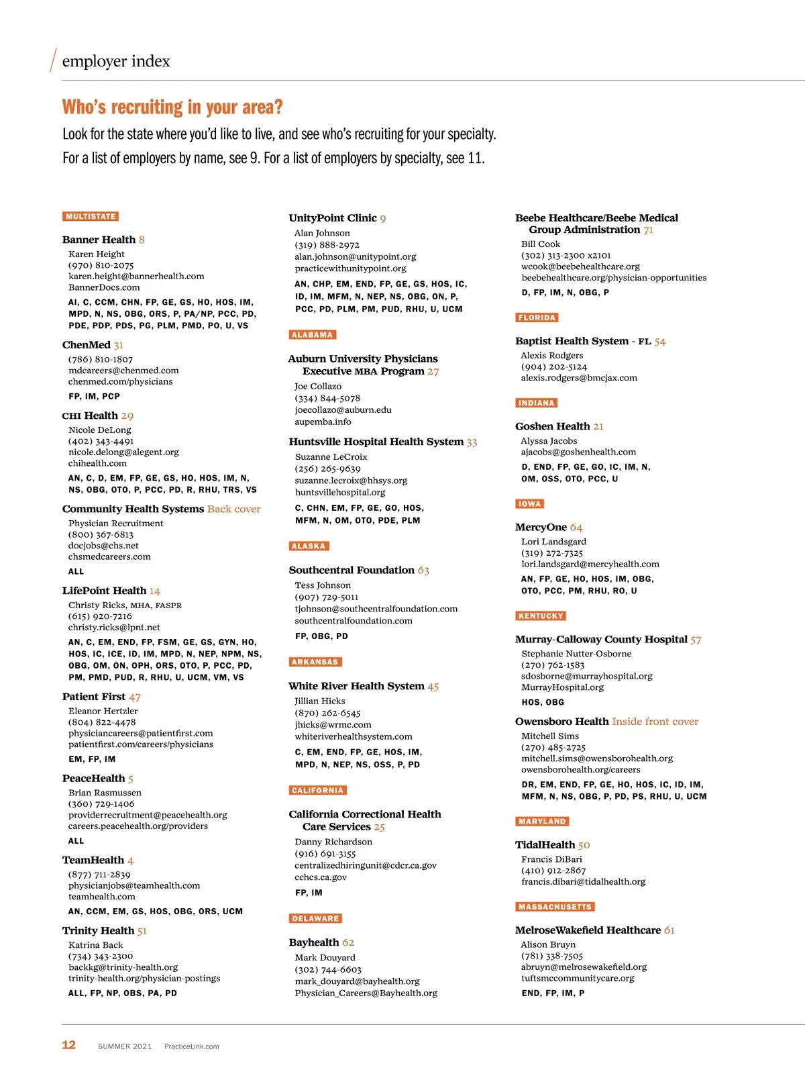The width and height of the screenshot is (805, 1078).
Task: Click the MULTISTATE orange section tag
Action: point(91,217)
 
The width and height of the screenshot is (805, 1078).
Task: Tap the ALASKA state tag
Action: point(309,546)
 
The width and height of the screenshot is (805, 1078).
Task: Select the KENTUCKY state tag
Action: point(541,616)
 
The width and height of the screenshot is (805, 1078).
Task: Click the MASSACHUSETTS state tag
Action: point(555,907)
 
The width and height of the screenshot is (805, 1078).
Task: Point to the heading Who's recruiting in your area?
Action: point(172,107)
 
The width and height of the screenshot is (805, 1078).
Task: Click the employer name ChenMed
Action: point(87,345)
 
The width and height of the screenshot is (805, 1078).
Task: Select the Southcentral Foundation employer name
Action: point(352,571)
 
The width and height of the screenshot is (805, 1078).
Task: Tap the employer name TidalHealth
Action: point(545,845)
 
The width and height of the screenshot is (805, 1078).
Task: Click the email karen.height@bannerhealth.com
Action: point(136,277)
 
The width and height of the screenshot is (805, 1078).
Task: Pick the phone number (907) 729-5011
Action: point(327,597)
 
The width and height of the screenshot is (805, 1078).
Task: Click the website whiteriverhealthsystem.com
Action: point(354,737)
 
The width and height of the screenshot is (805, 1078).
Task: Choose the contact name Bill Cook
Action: point(541,244)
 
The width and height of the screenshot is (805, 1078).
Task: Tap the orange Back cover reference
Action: point(233,509)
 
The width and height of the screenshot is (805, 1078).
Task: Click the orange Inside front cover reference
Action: point(655,722)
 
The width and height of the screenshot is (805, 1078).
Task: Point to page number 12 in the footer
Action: point(69,1045)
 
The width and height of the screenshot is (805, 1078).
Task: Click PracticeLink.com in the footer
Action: point(192,1046)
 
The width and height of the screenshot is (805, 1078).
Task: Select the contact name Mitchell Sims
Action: point(550,736)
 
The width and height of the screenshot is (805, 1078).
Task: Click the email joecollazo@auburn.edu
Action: point(343,410)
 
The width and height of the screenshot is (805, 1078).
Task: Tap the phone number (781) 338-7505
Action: point(552,956)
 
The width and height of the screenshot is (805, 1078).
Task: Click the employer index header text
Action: point(116,62)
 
